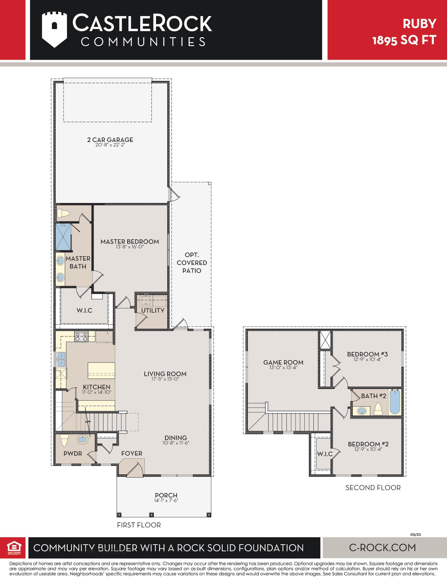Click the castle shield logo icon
click(x=54, y=29)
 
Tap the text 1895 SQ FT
click(x=404, y=40)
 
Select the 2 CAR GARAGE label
click(x=110, y=140)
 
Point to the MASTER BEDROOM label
click(x=130, y=242)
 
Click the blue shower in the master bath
click(x=63, y=237)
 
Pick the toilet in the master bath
click(x=63, y=213)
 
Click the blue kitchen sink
click(x=61, y=359)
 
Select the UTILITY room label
click(x=153, y=311)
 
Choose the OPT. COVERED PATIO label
click(x=192, y=263)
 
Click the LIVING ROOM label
click(x=165, y=374)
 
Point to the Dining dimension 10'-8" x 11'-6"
click(x=176, y=443)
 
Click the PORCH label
click(x=166, y=495)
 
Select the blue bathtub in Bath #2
click(x=395, y=402)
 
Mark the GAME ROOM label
click(x=283, y=362)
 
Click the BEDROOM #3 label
click(x=367, y=354)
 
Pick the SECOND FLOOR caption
click(x=373, y=488)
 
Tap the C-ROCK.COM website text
click(x=382, y=547)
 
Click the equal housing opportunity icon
click(x=14, y=548)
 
